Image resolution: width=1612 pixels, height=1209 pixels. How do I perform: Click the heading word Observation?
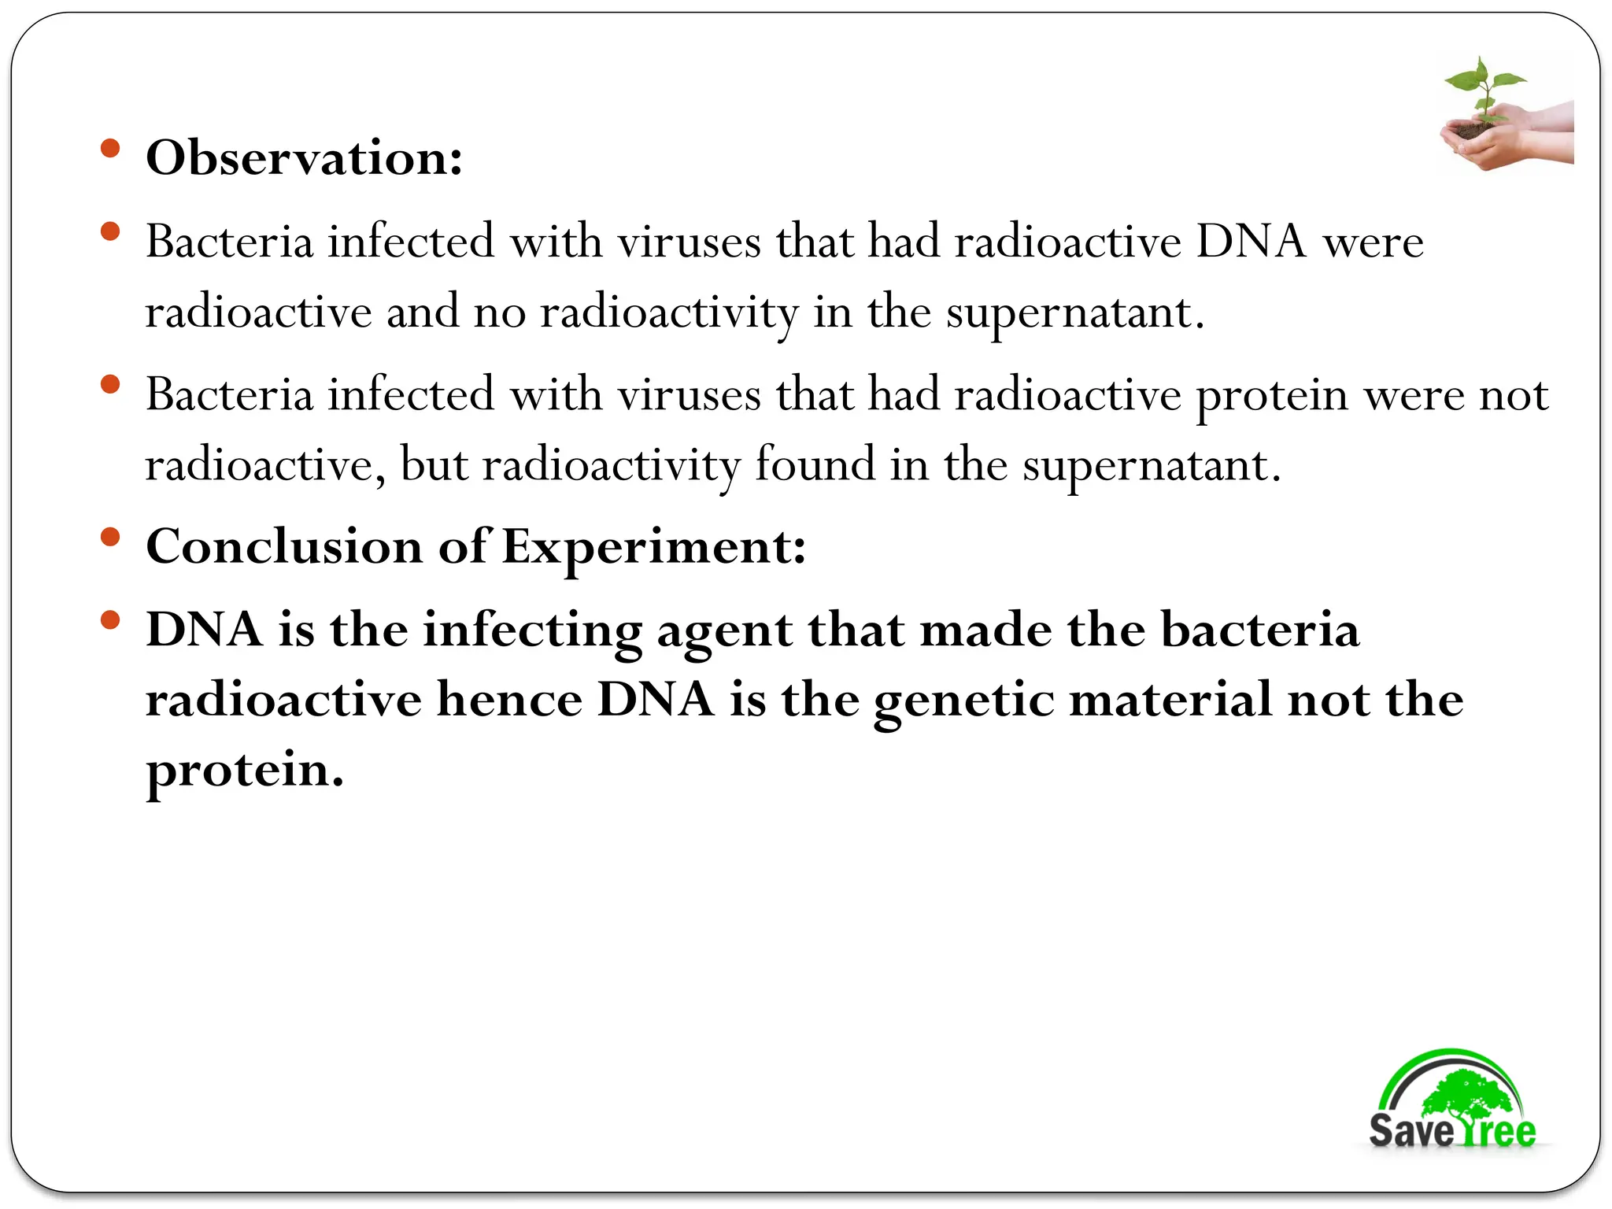pyautogui.click(x=304, y=157)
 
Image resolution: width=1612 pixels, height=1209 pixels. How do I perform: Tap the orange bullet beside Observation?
pyautogui.click(x=110, y=148)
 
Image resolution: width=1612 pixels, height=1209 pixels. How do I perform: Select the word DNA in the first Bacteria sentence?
pyautogui.click(x=1251, y=241)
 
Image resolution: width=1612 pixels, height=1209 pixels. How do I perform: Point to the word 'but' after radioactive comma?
pyautogui.click(x=434, y=464)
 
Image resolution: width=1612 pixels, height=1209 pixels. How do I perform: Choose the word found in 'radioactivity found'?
pyautogui.click(x=815, y=464)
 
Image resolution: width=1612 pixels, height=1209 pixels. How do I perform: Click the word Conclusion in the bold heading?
pyautogui.click(x=284, y=546)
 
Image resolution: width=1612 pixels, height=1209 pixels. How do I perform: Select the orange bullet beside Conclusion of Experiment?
pyautogui.click(x=110, y=538)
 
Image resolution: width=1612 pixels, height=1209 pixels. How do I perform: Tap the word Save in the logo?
pyautogui.click(x=1411, y=1131)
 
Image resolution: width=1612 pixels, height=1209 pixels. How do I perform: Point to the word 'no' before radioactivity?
pyautogui.click(x=500, y=312)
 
